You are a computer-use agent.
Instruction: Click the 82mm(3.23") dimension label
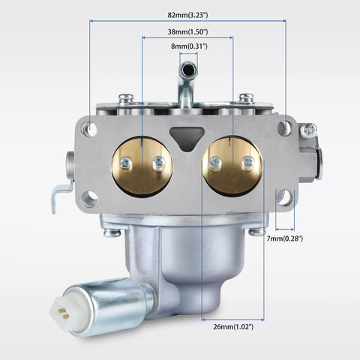[x=187, y=15]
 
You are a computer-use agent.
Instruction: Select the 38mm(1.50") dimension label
[x=187, y=32]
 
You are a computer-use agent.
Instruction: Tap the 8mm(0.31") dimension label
[x=189, y=46]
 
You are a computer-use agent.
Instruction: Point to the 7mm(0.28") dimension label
[x=284, y=238]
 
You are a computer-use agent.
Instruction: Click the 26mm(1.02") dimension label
[x=233, y=326]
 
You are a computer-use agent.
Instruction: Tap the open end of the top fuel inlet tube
[x=188, y=69]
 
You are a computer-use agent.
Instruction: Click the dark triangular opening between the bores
[x=187, y=138]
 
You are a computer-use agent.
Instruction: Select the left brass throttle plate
[x=142, y=166]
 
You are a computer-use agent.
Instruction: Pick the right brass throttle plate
[x=232, y=166]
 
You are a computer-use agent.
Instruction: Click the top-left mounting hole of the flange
[x=91, y=129]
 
